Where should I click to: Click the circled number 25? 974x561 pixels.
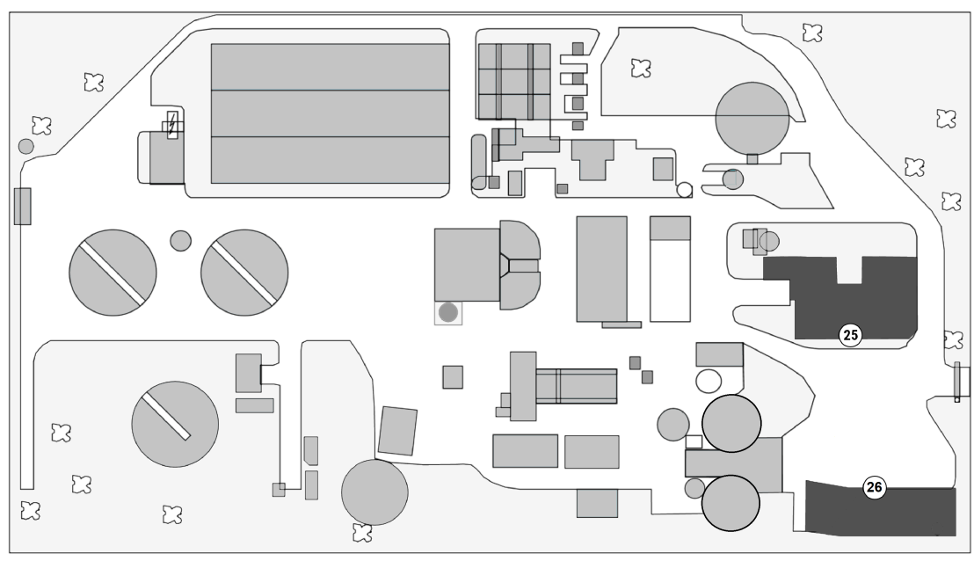point(850,334)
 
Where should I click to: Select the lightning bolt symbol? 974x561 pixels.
point(172,124)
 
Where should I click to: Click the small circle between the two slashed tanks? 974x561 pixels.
point(180,240)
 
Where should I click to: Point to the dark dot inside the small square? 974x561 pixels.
point(448,311)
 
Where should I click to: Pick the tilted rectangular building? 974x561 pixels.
point(397,431)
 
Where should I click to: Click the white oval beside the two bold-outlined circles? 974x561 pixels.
point(709,381)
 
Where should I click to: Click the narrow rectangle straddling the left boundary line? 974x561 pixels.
point(22,205)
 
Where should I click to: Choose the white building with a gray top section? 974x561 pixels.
point(671,268)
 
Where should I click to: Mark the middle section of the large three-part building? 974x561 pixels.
point(331,113)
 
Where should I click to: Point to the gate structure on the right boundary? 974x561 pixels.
point(959,382)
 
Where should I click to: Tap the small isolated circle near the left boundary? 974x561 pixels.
point(26,146)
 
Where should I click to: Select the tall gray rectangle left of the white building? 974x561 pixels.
point(601,268)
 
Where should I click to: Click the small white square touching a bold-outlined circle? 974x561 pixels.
point(694,441)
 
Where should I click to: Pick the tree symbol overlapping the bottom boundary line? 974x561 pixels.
point(360,532)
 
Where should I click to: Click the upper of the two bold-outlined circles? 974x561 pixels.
point(730,423)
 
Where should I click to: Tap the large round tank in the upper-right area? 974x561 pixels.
point(752,118)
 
